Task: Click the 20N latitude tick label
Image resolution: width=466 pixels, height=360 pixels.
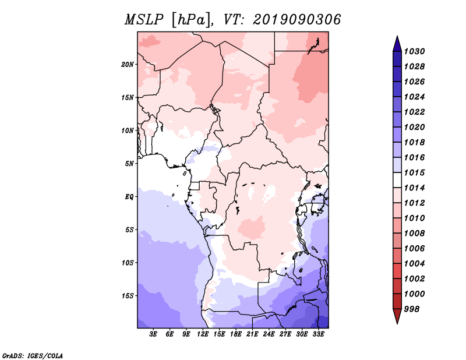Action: (x=127, y=65)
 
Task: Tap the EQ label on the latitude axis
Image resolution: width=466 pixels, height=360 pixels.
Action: (x=129, y=197)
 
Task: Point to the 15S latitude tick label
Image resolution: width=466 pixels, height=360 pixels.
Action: (x=127, y=296)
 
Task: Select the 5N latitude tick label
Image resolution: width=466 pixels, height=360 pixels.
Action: (x=129, y=164)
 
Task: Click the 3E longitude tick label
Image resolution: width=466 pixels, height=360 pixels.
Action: (x=153, y=334)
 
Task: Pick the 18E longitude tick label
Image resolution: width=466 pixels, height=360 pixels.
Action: (x=236, y=334)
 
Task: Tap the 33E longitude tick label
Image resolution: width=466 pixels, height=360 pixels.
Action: (x=318, y=334)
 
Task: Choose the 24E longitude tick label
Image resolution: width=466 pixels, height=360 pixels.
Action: (x=269, y=334)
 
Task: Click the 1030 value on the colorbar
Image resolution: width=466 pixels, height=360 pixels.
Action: (x=414, y=51)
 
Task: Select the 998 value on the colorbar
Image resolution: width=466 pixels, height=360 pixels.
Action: (x=412, y=309)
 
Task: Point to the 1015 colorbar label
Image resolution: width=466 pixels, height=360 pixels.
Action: (x=414, y=172)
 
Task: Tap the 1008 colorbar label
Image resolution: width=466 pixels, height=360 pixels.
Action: (x=414, y=234)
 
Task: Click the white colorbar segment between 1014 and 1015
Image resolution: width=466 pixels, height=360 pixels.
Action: (x=397, y=180)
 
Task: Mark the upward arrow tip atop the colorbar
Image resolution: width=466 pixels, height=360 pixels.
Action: (x=397, y=36)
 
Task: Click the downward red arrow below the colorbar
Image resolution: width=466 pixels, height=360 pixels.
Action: (x=397, y=316)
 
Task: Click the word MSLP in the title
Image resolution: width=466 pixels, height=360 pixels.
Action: (x=144, y=20)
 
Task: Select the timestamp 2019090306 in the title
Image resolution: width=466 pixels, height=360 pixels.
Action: (x=297, y=20)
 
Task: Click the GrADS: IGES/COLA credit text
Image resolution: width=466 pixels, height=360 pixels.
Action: (x=33, y=356)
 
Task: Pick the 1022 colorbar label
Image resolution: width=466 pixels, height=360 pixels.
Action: (x=414, y=112)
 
